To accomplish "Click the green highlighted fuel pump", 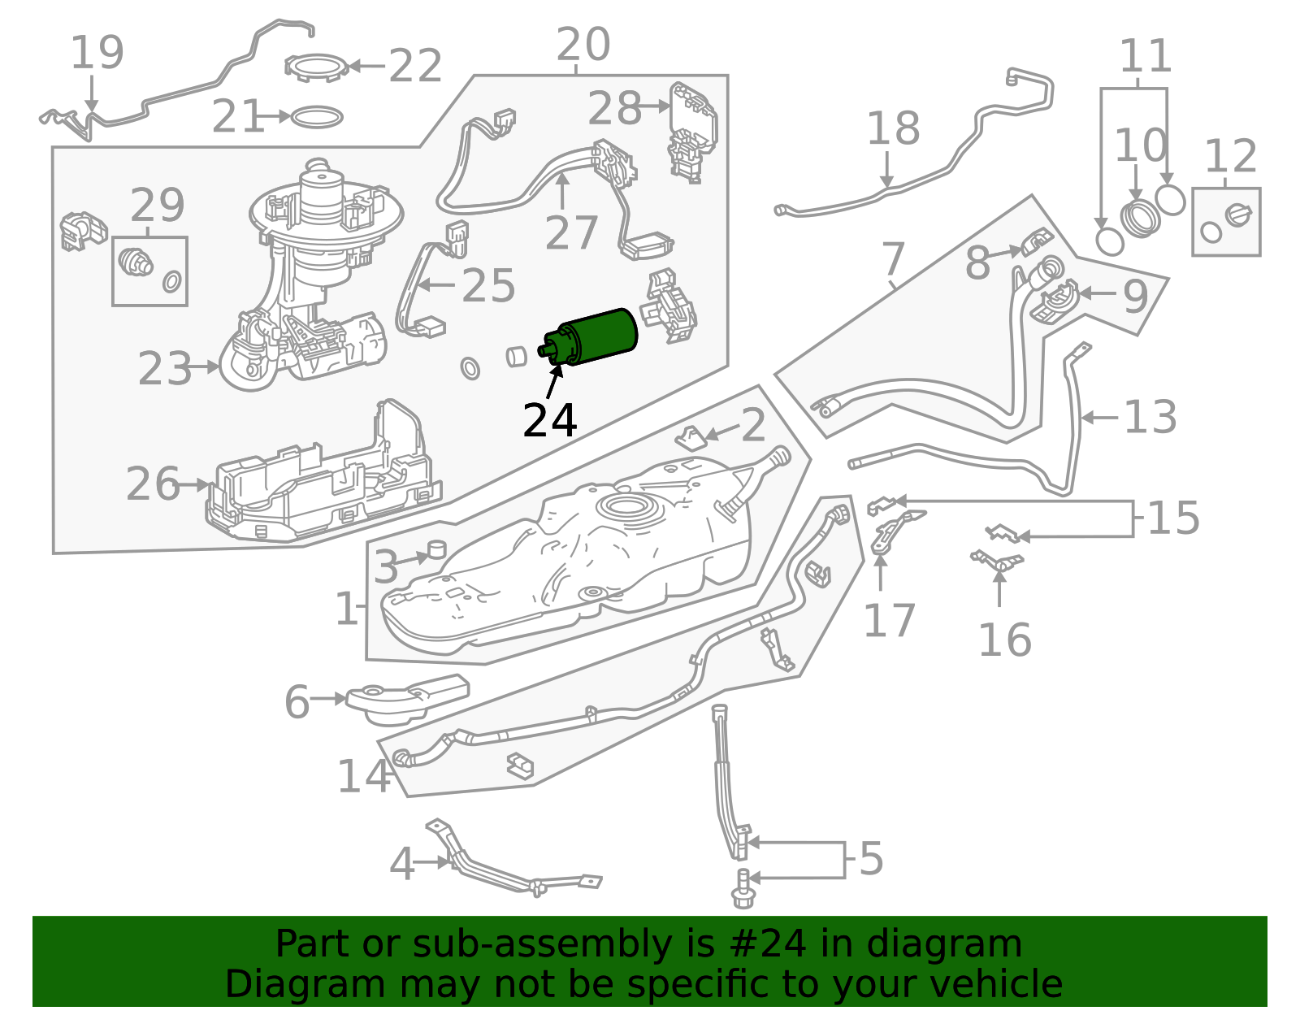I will (597, 337).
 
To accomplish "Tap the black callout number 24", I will (549, 421).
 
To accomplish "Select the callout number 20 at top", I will (583, 45).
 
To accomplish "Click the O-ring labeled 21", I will (316, 118).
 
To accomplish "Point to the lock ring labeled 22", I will (317, 67).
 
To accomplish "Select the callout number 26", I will (152, 484).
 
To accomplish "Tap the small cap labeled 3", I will (437, 549).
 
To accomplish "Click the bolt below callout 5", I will (742, 889).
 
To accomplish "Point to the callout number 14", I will (363, 776).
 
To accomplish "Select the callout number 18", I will (892, 128).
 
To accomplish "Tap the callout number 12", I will (1230, 156).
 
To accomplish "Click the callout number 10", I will (1139, 146).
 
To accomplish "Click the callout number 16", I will (1004, 640).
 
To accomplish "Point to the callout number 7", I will (892, 259).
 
